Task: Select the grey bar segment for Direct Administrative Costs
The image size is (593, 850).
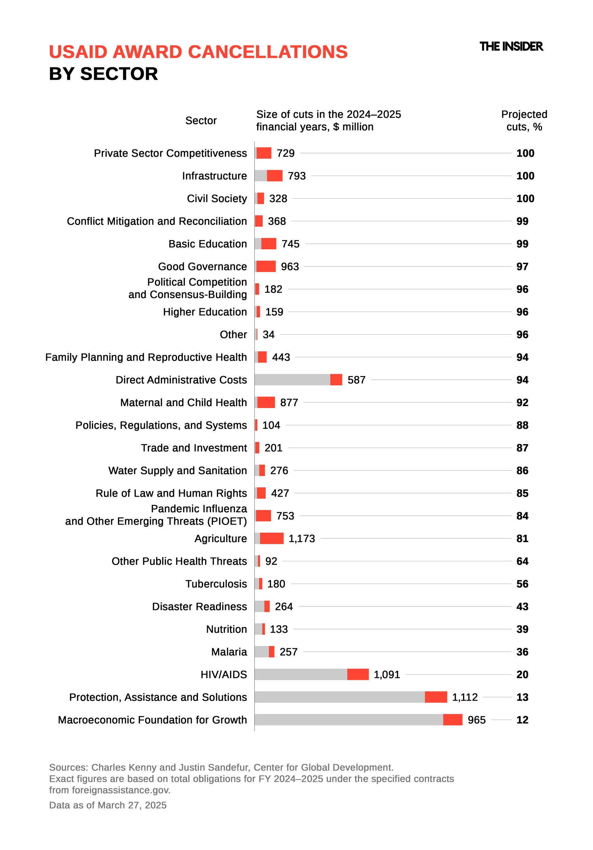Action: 292,379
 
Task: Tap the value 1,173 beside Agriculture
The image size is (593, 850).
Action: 301,538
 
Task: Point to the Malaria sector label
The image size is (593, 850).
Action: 229,652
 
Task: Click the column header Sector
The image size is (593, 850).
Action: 201,120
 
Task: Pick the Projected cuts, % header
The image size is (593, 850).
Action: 524,120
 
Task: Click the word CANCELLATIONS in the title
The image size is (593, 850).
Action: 268,52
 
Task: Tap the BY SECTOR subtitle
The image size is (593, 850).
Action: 103,74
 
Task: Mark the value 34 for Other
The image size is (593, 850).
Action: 268,334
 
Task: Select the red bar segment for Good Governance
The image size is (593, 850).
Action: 266,266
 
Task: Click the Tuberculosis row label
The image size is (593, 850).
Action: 216,584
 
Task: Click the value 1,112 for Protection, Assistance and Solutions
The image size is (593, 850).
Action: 465,697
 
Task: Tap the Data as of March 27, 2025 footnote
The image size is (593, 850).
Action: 108,805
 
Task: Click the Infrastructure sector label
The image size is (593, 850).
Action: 214,175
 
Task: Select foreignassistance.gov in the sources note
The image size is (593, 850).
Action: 121,790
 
